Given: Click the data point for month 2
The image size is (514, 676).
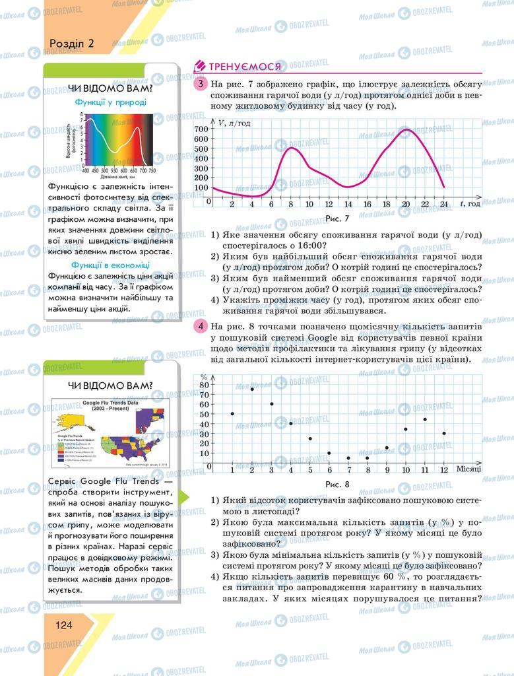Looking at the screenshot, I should [252, 389].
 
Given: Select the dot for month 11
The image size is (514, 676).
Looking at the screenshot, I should [425, 419].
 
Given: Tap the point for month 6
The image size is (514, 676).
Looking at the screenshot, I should [329, 454].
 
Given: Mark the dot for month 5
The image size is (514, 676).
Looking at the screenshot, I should [310, 439].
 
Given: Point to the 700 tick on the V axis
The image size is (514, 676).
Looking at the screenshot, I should [201, 129].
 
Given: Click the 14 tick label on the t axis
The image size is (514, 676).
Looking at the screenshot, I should [348, 203].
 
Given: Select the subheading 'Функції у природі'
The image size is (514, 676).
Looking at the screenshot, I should [111, 102].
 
